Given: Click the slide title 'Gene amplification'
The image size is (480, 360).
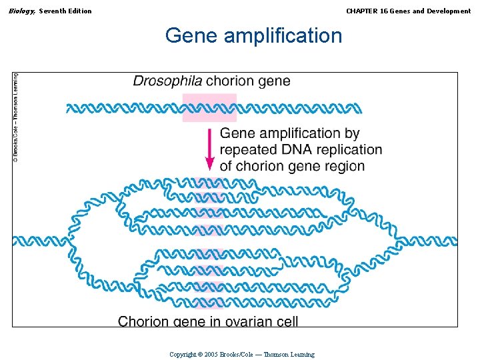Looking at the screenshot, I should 253,35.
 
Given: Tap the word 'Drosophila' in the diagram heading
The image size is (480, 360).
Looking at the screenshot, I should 167,81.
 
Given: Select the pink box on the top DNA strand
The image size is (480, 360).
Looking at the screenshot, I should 209,108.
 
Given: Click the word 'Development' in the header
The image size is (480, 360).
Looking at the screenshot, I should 448,11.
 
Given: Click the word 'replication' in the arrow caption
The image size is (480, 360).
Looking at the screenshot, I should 349,150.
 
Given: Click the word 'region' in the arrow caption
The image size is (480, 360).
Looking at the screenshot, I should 343,166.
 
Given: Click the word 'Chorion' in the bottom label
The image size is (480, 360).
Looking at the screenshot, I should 143,321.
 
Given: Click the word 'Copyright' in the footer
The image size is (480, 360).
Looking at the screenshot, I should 183,355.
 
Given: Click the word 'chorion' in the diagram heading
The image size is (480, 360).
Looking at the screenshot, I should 229,81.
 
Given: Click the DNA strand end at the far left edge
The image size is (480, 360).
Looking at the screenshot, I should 17,241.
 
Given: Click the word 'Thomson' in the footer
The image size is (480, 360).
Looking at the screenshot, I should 276,355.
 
